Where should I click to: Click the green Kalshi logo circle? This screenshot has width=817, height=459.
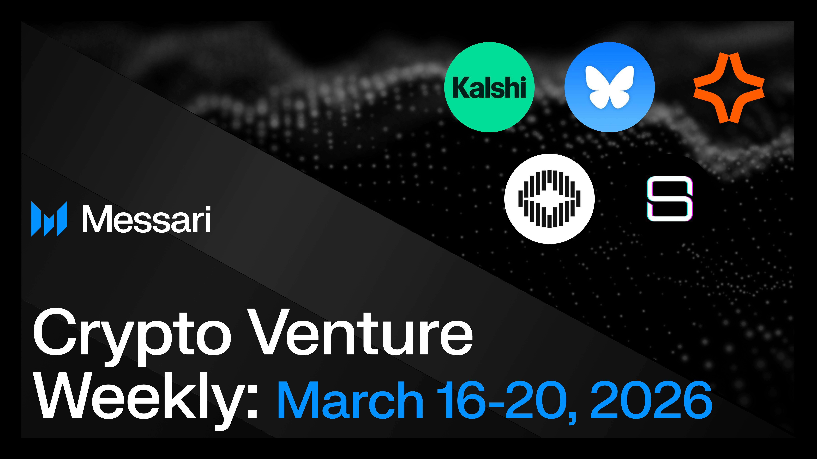pyautogui.click(x=489, y=87)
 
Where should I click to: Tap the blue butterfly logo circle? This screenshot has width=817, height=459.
pyautogui.click(x=609, y=87)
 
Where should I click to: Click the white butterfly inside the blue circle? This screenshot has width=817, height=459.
pyautogui.click(x=609, y=87)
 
